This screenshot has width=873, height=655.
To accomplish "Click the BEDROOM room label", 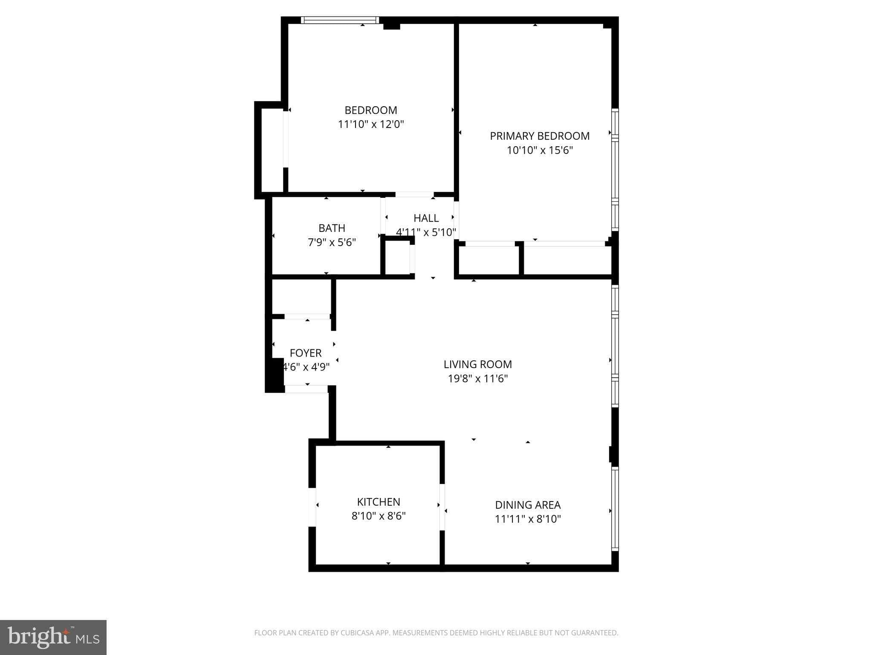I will [x=370, y=110].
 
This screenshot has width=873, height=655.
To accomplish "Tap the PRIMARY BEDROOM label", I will [x=539, y=136].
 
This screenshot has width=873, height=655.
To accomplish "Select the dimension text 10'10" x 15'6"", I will [x=539, y=151].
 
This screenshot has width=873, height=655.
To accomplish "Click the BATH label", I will [x=332, y=228].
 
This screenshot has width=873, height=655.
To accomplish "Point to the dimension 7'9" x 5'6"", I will [x=332, y=243].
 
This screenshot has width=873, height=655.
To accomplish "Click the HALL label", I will [x=426, y=218].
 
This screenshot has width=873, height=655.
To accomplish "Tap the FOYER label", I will [x=305, y=353].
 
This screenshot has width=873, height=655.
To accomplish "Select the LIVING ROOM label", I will [x=477, y=365].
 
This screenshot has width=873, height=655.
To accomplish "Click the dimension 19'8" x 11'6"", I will [x=477, y=379].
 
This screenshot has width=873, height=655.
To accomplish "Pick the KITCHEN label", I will [x=379, y=502].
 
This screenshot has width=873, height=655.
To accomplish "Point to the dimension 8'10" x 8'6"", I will [x=379, y=516].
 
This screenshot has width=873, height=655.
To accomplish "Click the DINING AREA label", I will [x=528, y=505].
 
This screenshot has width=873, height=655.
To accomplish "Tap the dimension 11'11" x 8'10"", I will [x=528, y=519].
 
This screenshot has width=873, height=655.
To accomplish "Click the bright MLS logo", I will [x=53, y=637].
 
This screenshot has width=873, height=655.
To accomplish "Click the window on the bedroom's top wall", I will [x=340, y=20].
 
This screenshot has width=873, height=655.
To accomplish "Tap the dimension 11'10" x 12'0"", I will [x=370, y=125].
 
